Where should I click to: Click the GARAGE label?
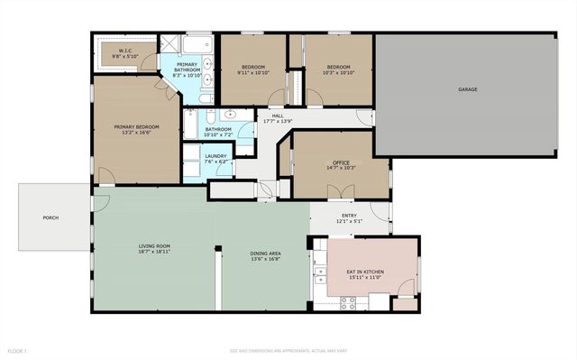(x=467, y=89)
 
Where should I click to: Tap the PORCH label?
(x=50, y=217)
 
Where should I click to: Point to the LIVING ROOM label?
(x=154, y=245)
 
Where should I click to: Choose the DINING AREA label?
(x=265, y=254)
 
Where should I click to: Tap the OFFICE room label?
(x=341, y=162)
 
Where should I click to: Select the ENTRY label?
(x=348, y=215)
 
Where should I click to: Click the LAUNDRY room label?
(x=215, y=156)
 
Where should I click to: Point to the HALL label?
(x=277, y=115)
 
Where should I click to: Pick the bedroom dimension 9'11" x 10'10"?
(x=252, y=72)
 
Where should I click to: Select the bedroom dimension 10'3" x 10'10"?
(x=338, y=72)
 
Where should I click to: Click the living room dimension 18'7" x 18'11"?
(x=154, y=252)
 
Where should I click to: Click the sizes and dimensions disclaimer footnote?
(x=288, y=350)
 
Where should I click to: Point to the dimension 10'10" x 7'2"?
(x=218, y=135)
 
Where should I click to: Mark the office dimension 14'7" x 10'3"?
(x=341, y=169)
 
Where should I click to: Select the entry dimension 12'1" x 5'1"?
(x=348, y=221)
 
